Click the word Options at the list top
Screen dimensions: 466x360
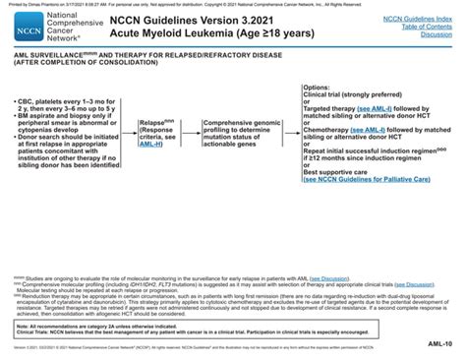(x=318, y=88)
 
